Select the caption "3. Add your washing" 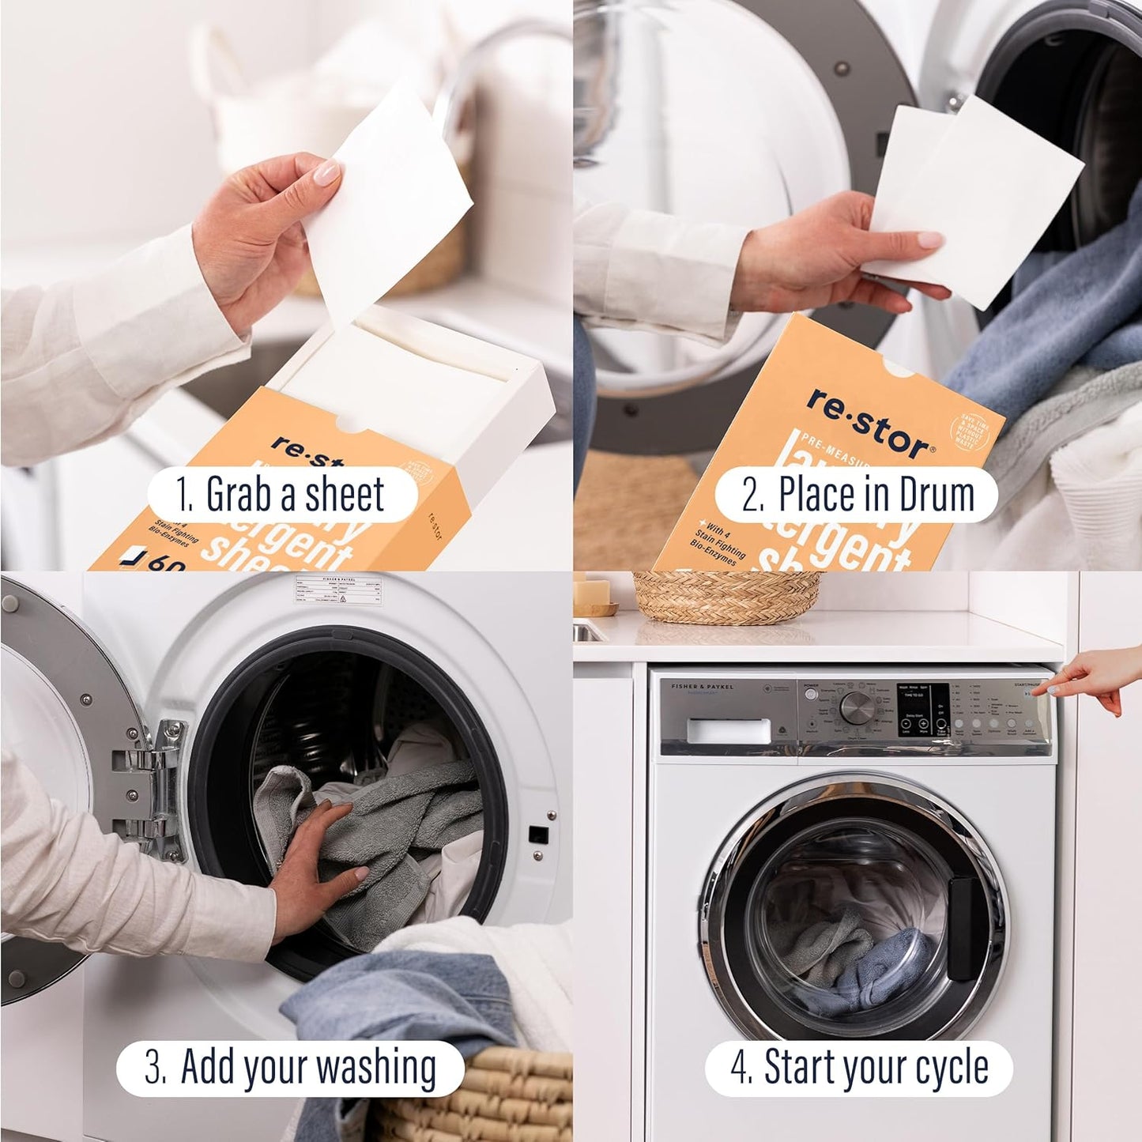pos(290,1067)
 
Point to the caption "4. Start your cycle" pos(859,1067)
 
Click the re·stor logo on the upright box pos(868,425)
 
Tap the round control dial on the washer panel pos(856,707)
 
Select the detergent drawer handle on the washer pos(729,730)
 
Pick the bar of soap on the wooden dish pos(594,590)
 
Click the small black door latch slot pos(537,833)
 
